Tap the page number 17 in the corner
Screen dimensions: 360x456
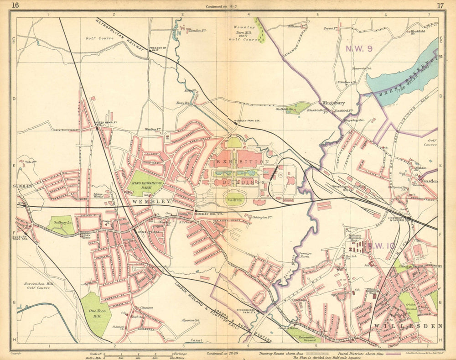coord(440,5)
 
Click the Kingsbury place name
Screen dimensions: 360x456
coord(333,104)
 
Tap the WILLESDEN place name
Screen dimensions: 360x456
coord(408,326)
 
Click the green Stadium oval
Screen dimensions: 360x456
coord(235,199)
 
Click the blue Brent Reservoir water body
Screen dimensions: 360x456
coord(401,75)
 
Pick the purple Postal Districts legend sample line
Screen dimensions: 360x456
coord(395,354)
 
